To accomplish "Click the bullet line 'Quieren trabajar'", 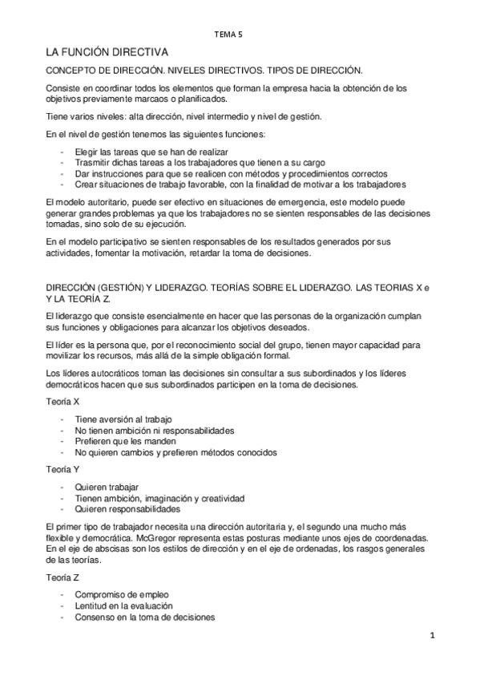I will (107, 487).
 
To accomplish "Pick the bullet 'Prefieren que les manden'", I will (127, 441).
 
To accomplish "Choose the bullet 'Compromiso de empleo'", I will (122, 594).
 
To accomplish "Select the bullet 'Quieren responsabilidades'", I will (127, 508).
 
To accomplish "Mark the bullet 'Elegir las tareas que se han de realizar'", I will (152, 152).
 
